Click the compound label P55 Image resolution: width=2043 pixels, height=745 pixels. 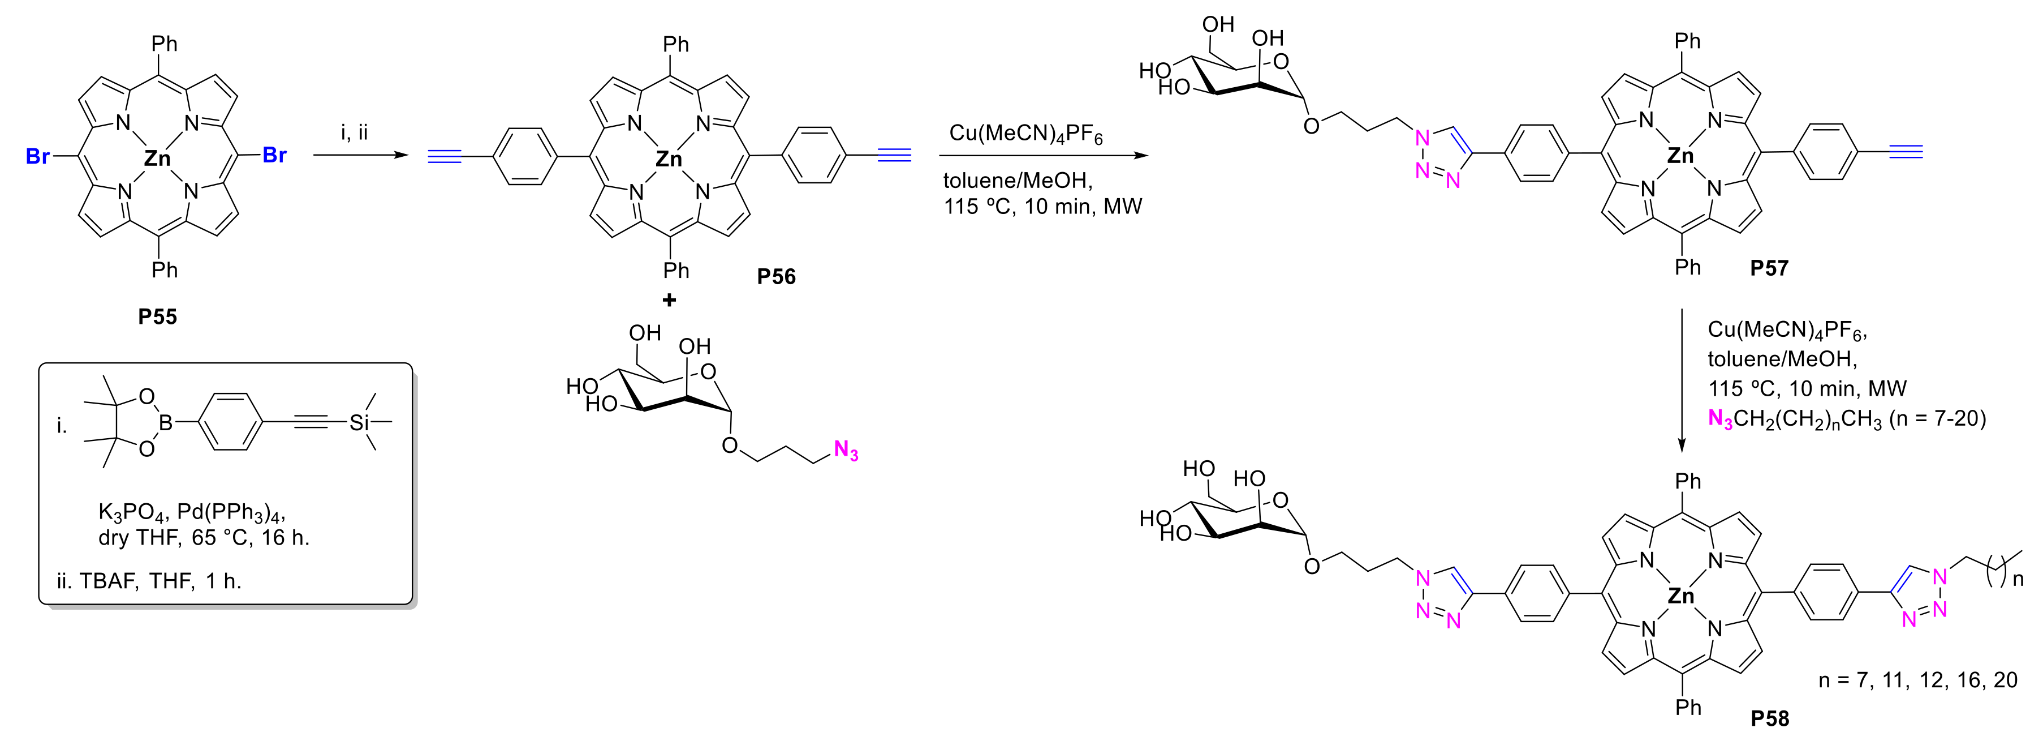pos(157,316)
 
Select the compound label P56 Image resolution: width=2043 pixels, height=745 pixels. pos(775,276)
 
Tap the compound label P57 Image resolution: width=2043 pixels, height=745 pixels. pos(1769,268)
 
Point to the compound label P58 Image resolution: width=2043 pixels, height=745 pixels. pos(1769,718)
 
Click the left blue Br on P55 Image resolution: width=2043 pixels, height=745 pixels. pos(38,156)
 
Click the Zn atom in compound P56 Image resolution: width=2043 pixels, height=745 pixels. pos(669,160)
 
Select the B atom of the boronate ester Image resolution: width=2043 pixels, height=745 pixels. pos(166,423)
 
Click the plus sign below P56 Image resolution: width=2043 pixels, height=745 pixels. pos(669,301)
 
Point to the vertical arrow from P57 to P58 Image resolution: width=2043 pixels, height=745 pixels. pos(1682,381)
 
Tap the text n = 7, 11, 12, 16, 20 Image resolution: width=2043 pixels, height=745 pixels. pos(1917,680)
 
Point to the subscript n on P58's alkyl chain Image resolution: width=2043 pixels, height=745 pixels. pos(2019,580)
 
